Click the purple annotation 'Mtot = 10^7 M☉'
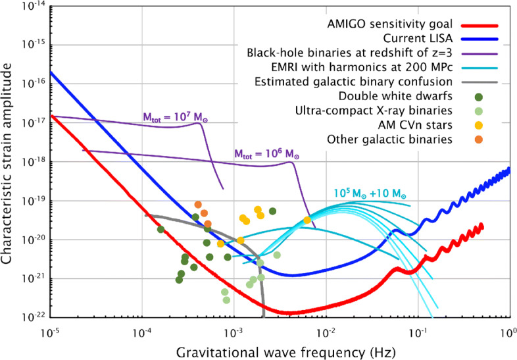coord(173,116)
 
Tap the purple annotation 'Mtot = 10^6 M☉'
coord(266,153)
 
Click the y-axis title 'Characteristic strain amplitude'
coord(9,161)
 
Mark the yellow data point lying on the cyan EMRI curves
coord(307,220)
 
